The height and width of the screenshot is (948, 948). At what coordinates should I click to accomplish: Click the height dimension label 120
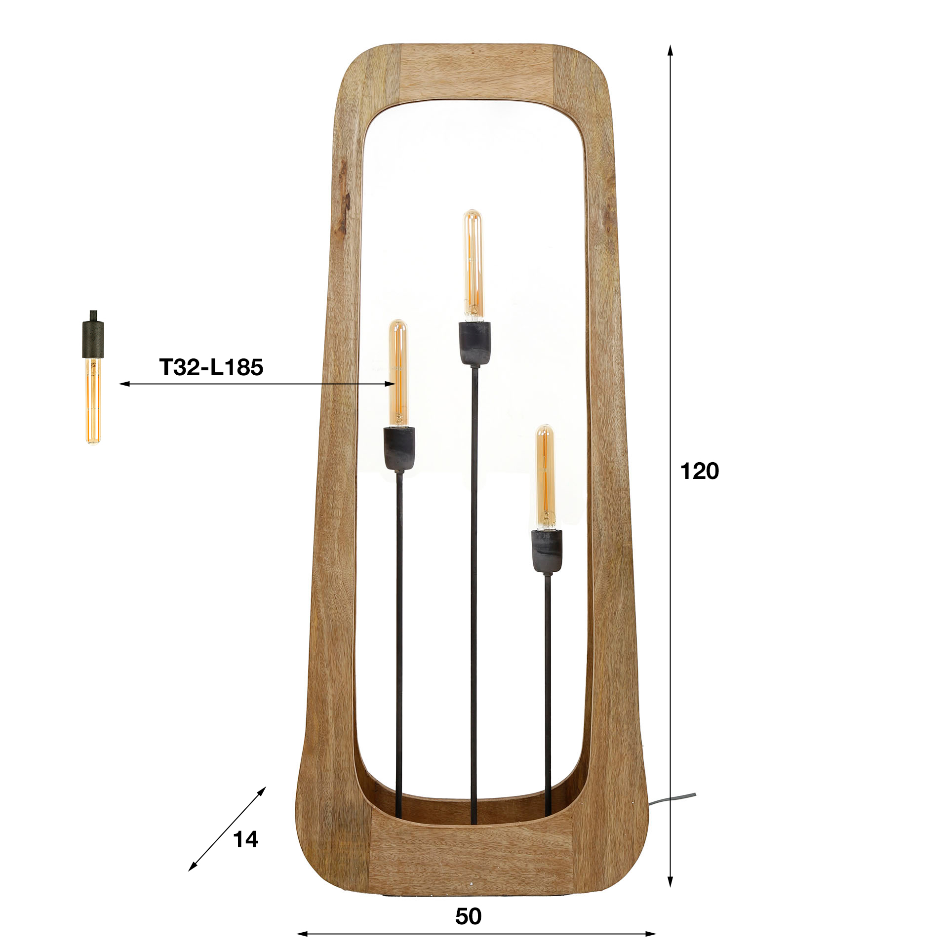[699, 472]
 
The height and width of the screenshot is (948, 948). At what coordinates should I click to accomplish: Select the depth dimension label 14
[245, 839]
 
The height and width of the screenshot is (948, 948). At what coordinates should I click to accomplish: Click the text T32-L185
[211, 367]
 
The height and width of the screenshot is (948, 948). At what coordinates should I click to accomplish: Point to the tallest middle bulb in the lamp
[473, 264]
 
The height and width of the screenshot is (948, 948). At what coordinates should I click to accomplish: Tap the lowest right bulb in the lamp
[546, 476]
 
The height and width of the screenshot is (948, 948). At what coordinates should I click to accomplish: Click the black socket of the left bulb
[399, 448]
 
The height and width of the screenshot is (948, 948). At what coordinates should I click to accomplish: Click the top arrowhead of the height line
[670, 49]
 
